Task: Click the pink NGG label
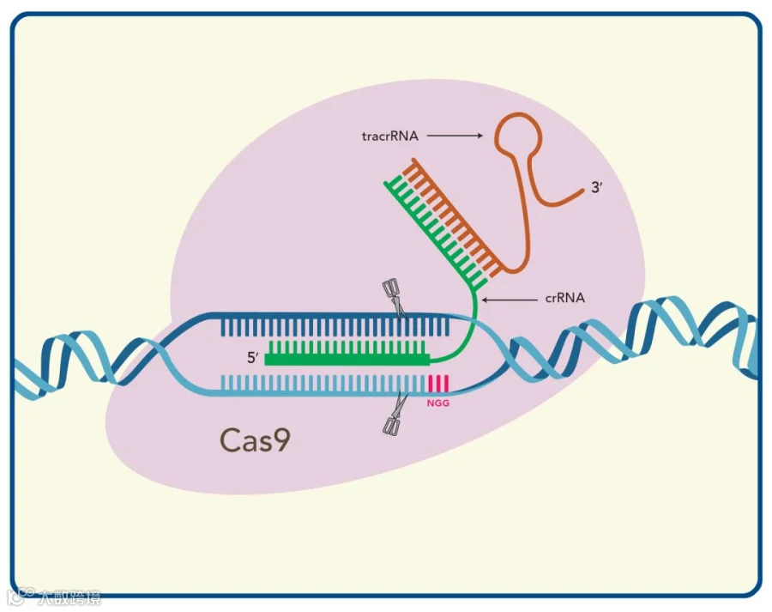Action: click(x=437, y=400)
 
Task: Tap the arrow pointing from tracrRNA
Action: click(x=455, y=136)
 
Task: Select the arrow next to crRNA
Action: click(x=510, y=299)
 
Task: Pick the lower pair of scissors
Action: click(x=393, y=417)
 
